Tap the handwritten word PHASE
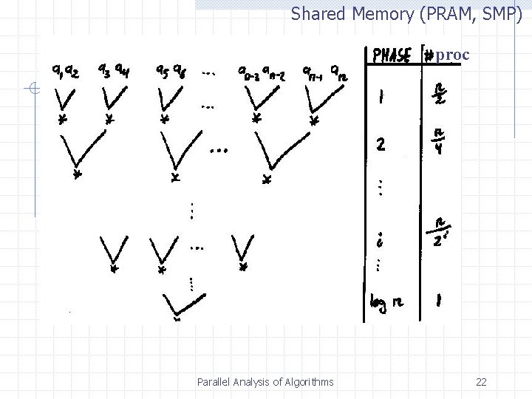[392, 55]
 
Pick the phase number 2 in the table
[380, 144]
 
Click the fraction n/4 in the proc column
[440, 140]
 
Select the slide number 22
[481, 382]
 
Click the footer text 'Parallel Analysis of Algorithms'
[265, 382]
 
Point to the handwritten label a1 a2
[66, 71]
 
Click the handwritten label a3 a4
[112, 72]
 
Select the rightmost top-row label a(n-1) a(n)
[325, 72]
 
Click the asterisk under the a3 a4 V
[109, 118]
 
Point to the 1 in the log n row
[439, 301]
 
